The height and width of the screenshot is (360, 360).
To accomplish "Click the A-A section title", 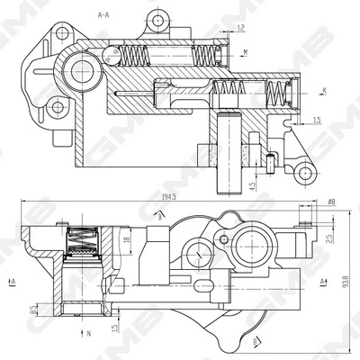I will click(x=104, y=15).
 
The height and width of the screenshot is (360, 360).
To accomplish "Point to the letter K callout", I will click(x=323, y=91).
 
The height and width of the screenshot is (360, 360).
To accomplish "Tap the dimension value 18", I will click(x=128, y=238).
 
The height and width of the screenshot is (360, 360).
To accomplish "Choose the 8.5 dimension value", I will click(x=33, y=310).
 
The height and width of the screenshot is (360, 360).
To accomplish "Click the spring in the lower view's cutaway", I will click(x=83, y=241).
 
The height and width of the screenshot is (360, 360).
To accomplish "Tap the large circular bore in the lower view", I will click(x=248, y=238).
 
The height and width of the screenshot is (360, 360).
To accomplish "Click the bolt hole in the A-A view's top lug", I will click(x=158, y=20).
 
